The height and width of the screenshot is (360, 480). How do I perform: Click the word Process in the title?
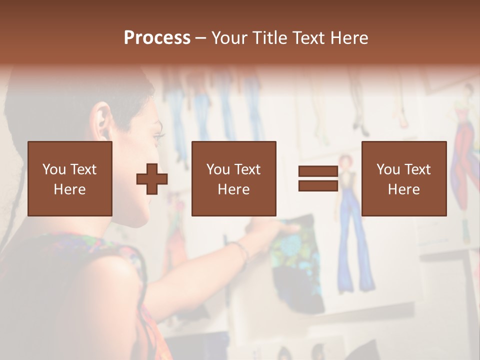(157, 38)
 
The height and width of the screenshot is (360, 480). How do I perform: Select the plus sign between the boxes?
(152, 179)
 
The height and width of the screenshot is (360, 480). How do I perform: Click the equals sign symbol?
(318, 178)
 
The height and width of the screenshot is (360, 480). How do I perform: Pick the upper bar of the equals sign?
(318, 171)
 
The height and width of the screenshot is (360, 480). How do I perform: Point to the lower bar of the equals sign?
(318, 185)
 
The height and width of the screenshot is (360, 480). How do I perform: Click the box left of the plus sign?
(70, 178)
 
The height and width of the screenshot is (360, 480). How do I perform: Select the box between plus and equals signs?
(233, 178)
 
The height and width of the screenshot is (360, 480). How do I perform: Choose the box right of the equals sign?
(404, 178)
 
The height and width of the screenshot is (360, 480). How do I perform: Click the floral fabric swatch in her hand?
(295, 250)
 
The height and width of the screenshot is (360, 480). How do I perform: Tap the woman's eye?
(159, 135)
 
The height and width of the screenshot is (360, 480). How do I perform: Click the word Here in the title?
(347, 38)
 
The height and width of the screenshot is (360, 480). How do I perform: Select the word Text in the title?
(308, 38)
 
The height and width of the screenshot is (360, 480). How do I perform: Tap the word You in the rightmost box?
(388, 169)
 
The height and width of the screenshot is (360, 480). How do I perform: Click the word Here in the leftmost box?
(70, 189)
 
